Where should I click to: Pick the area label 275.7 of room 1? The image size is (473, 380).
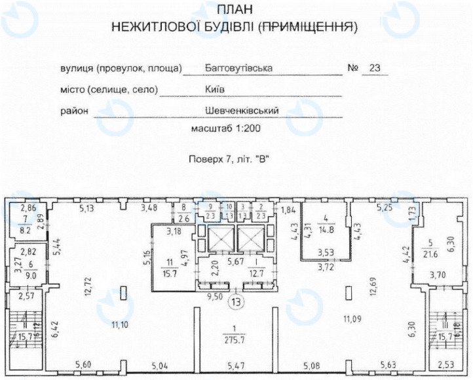click(235, 339)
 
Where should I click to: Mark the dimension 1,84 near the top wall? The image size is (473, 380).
click(289, 210)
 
